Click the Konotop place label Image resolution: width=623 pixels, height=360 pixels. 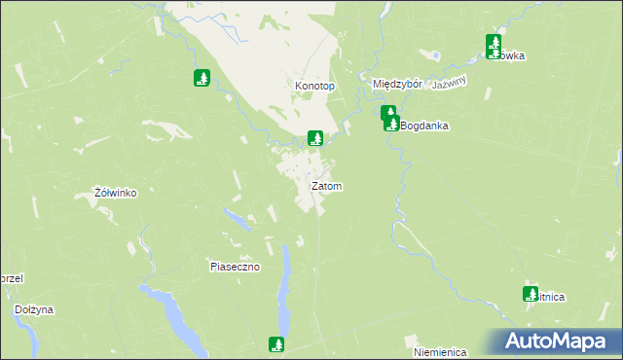click(314, 87)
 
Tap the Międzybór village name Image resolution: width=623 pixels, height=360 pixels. click(397, 85)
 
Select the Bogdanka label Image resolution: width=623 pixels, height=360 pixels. click(423, 126)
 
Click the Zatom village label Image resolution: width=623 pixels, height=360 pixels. click(326, 186)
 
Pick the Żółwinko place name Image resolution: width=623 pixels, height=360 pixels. click(114, 193)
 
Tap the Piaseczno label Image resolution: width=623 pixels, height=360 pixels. click(235, 267)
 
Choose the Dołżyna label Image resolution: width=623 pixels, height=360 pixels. click(34, 309)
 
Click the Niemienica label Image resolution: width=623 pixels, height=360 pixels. click(440, 351)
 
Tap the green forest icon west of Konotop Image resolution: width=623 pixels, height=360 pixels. click(202, 78)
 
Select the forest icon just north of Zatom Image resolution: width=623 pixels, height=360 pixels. click(314, 138)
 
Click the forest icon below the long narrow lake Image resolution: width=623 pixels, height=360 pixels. click(276, 343)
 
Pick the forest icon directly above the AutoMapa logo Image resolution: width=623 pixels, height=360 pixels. click(531, 293)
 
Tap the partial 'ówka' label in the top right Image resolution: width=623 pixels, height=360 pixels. click(510, 56)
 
